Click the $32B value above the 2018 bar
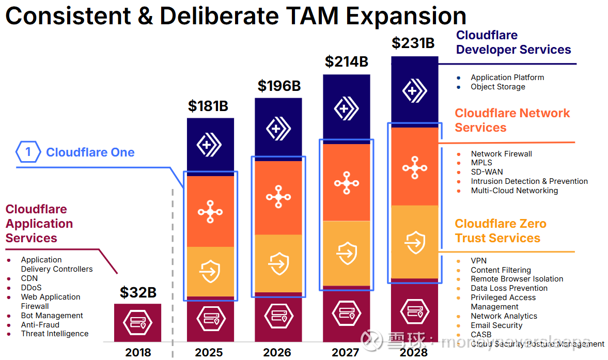coord(138,292)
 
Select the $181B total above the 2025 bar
coord(208,106)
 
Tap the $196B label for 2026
coord(279,86)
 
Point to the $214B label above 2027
coord(346,61)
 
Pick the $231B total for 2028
coord(413,43)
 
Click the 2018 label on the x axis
coord(138,352)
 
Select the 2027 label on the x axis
coord(346,352)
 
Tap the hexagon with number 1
coord(28,152)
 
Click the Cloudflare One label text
coord(90,152)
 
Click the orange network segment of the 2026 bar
coord(278,197)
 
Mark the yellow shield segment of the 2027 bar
coord(346,253)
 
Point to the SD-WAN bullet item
coord(487,172)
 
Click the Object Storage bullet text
coord(498,87)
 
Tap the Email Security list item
coord(496,325)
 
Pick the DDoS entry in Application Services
coord(31,288)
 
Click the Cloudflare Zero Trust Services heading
coord(500,231)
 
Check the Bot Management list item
coord(52,316)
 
